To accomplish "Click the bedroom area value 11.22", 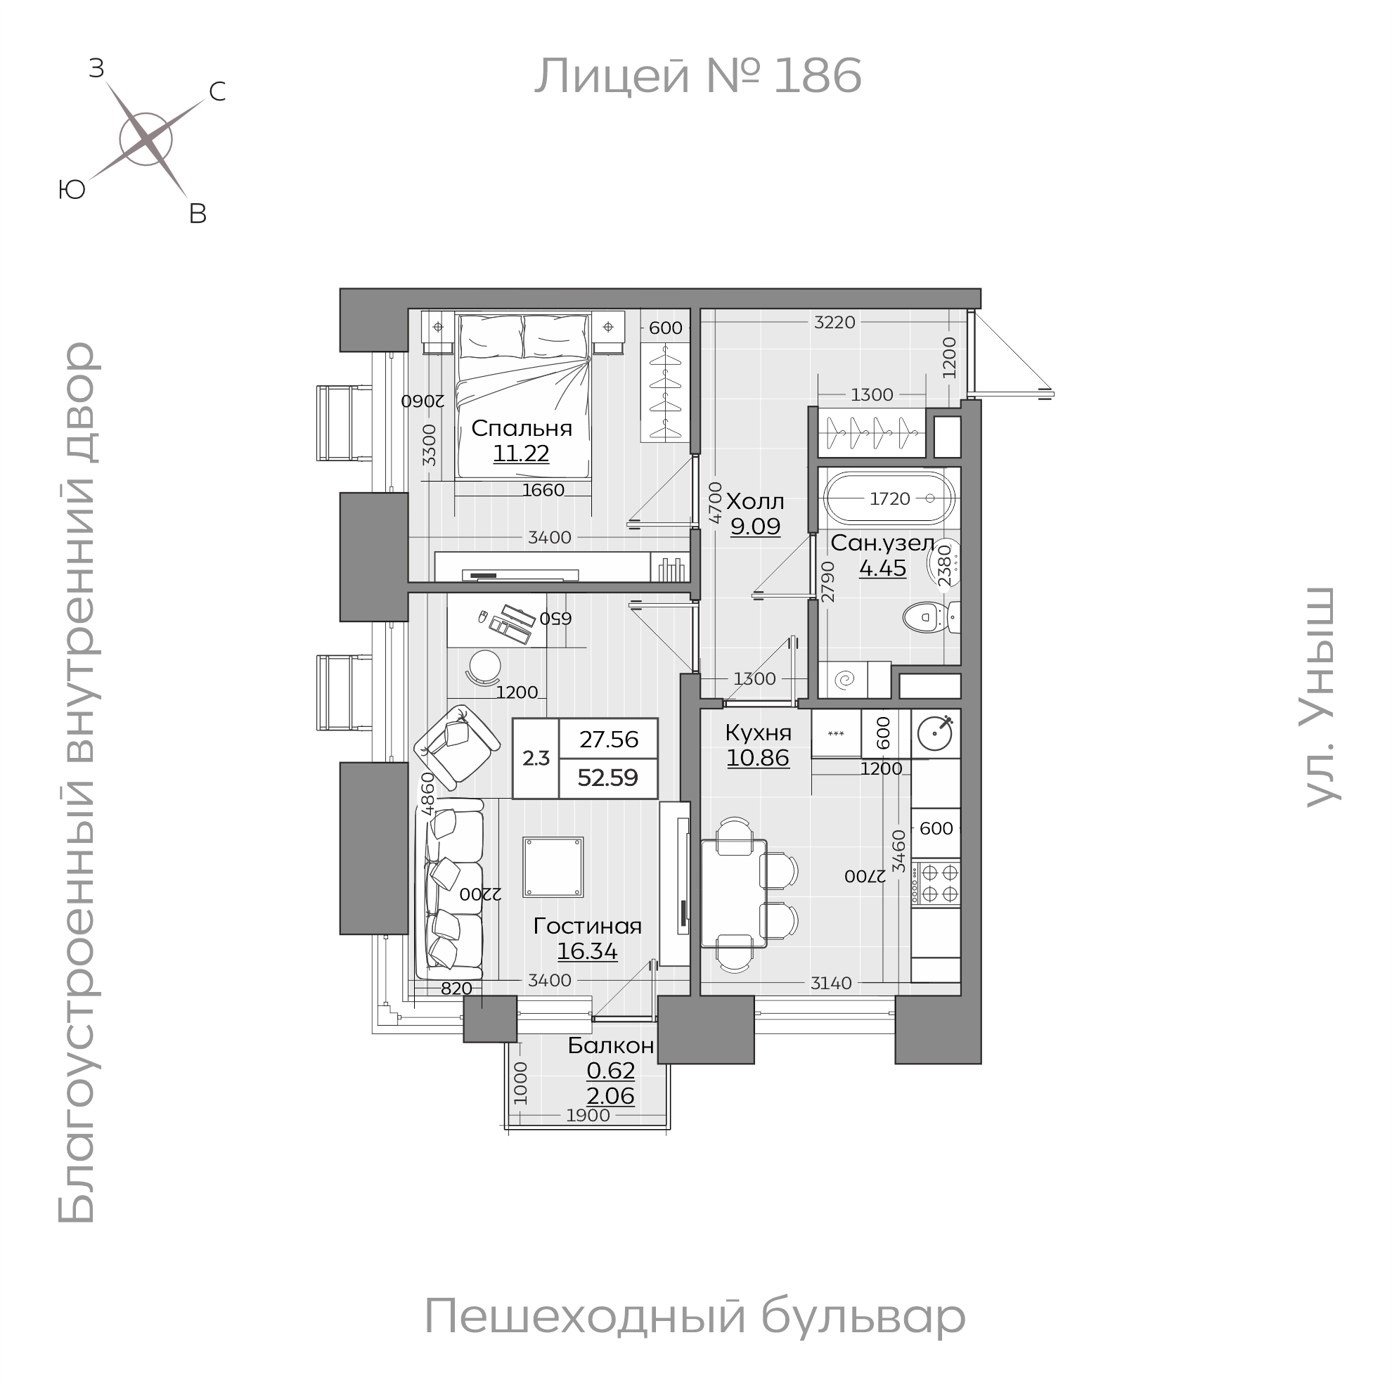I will click(x=521, y=453).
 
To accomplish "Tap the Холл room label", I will click(x=754, y=501).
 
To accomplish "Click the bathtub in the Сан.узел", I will click(x=889, y=498).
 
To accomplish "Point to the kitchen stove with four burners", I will click(x=936, y=883).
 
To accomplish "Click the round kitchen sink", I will click(x=935, y=734).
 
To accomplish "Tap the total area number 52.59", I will click(x=607, y=778).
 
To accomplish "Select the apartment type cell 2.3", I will click(x=535, y=758).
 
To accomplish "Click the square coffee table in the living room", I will click(x=553, y=867).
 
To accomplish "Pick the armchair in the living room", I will click(x=457, y=747).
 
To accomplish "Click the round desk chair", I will click(x=484, y=667).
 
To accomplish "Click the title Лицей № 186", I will click(x=697, y=76).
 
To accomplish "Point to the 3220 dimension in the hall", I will click(x=834, y=322).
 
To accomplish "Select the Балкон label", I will click(x=610, y=1045).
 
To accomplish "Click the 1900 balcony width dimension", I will click(x=588, y=1115).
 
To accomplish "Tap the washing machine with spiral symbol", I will click(x=844, y=679).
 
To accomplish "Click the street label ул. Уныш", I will click(x=1322, y=697).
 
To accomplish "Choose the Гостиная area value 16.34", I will click(x=586, y=952).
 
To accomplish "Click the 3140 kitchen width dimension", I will click(x=831, y=983).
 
